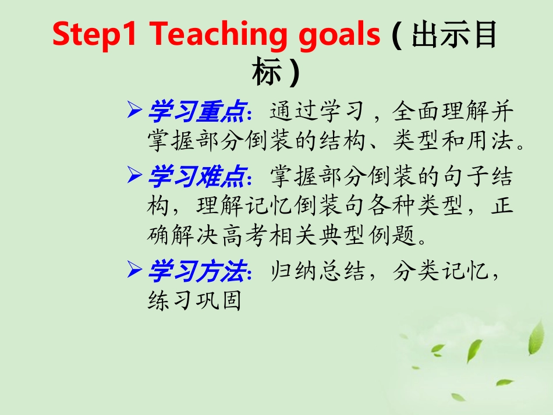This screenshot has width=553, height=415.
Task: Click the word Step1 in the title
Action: tap(95, 36)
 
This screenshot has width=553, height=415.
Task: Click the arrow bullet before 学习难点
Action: tap(134, 173)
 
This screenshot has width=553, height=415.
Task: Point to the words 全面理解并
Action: tap(454, 111)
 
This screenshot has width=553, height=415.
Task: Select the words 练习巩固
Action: tap(194, 302)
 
